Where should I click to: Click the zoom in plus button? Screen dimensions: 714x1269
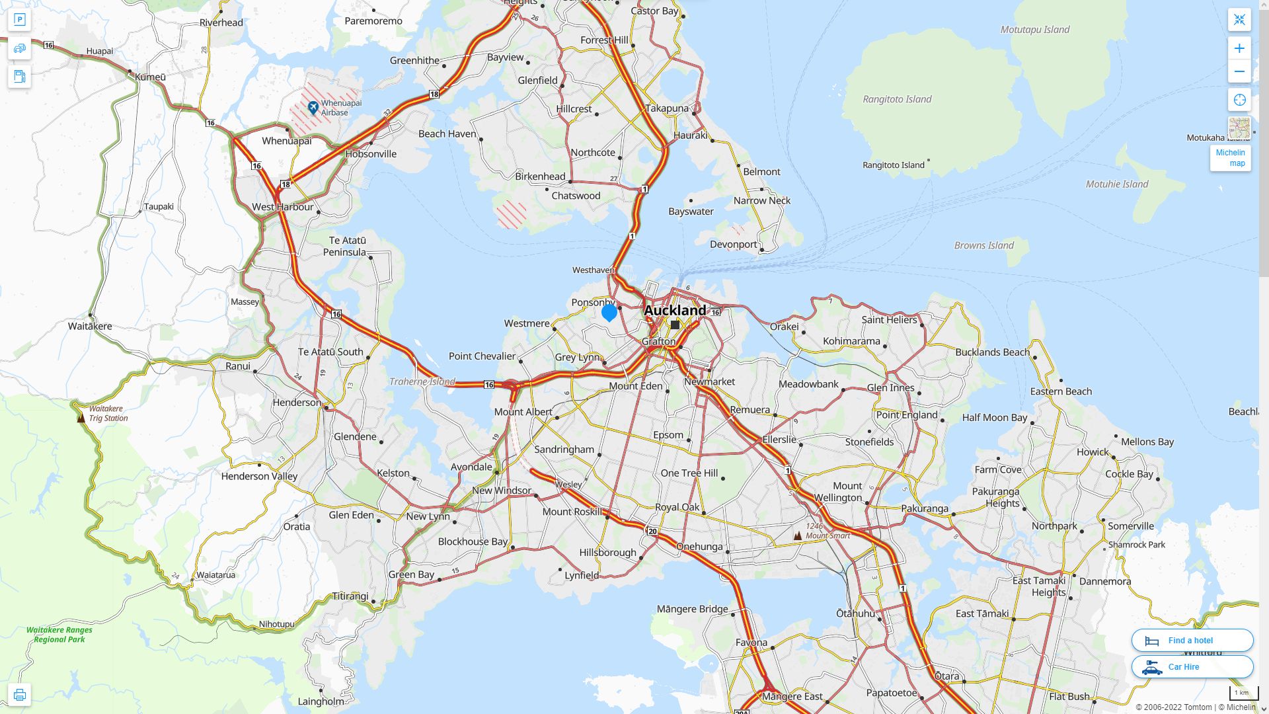tap(1239, 48)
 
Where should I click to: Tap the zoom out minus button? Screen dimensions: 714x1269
tap(1239, 71)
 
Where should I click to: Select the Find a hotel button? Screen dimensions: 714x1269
tap(1192, 640)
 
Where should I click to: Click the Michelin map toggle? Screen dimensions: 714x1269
tap(1230, 158)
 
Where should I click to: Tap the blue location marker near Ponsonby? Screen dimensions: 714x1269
tap(609, 312)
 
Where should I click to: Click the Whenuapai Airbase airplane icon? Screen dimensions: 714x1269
tap(313, 106)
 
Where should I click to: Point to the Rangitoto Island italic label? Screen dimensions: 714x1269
tap(897, 99)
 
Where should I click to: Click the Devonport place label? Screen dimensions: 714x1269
tap(733, 245)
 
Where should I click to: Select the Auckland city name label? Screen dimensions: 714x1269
tap(675, 310)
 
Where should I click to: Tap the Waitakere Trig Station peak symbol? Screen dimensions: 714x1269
tap(81, 418)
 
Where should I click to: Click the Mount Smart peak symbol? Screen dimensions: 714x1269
tap(798, 535)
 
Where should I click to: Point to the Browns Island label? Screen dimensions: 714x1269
tap(983, 245)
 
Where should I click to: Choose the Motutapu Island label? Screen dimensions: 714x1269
tap(1034, 30)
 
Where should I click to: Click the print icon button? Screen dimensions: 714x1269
tap(19, 694)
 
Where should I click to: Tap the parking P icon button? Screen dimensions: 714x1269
tap(19, 20)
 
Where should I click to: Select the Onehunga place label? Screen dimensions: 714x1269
tap(699, 546)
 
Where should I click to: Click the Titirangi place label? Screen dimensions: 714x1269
tap(350, 596)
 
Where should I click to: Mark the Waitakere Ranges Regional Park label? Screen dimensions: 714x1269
tap(59, 635)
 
